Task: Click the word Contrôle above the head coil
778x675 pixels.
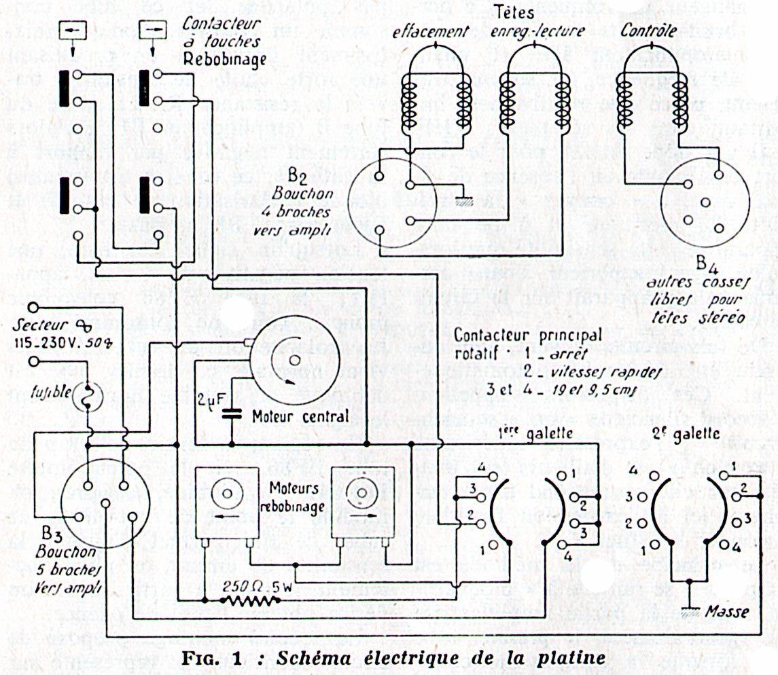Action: (646, 31)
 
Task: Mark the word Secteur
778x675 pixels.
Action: (46, 324)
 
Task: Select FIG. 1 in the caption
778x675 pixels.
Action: (216, 659)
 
